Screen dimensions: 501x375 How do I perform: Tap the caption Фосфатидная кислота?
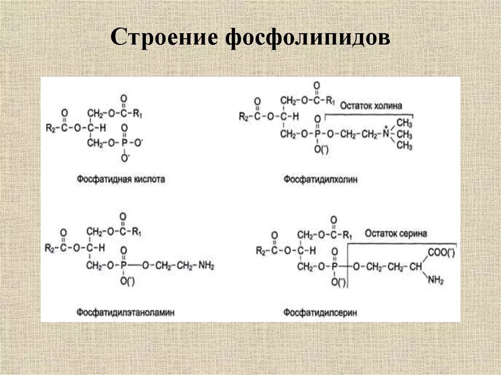pyautogui.click(x=121, y=179)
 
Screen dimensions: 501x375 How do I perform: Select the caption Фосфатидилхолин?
pyautogui.click(x=320, y=180)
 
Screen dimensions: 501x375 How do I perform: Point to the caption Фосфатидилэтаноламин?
pyautogui.click(x=126, y=311)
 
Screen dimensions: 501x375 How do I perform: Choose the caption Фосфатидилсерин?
pyautogui.click(x=320, y=311)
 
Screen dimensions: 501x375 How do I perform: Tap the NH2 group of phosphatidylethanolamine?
pyautogui.click(x=206, y=265)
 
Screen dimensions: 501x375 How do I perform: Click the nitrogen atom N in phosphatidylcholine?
pyautogui.click(x=386, y=133)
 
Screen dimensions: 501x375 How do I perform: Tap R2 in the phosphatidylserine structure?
pyautogui.click(x=261, y=251)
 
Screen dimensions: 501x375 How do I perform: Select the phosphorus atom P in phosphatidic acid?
pyautogui.click(x=124, y=142)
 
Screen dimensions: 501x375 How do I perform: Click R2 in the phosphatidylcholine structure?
pyautogui.click(x=244, y=116)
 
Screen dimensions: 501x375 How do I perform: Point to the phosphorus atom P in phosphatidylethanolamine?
pyautogui.click(x=124, y=265)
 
